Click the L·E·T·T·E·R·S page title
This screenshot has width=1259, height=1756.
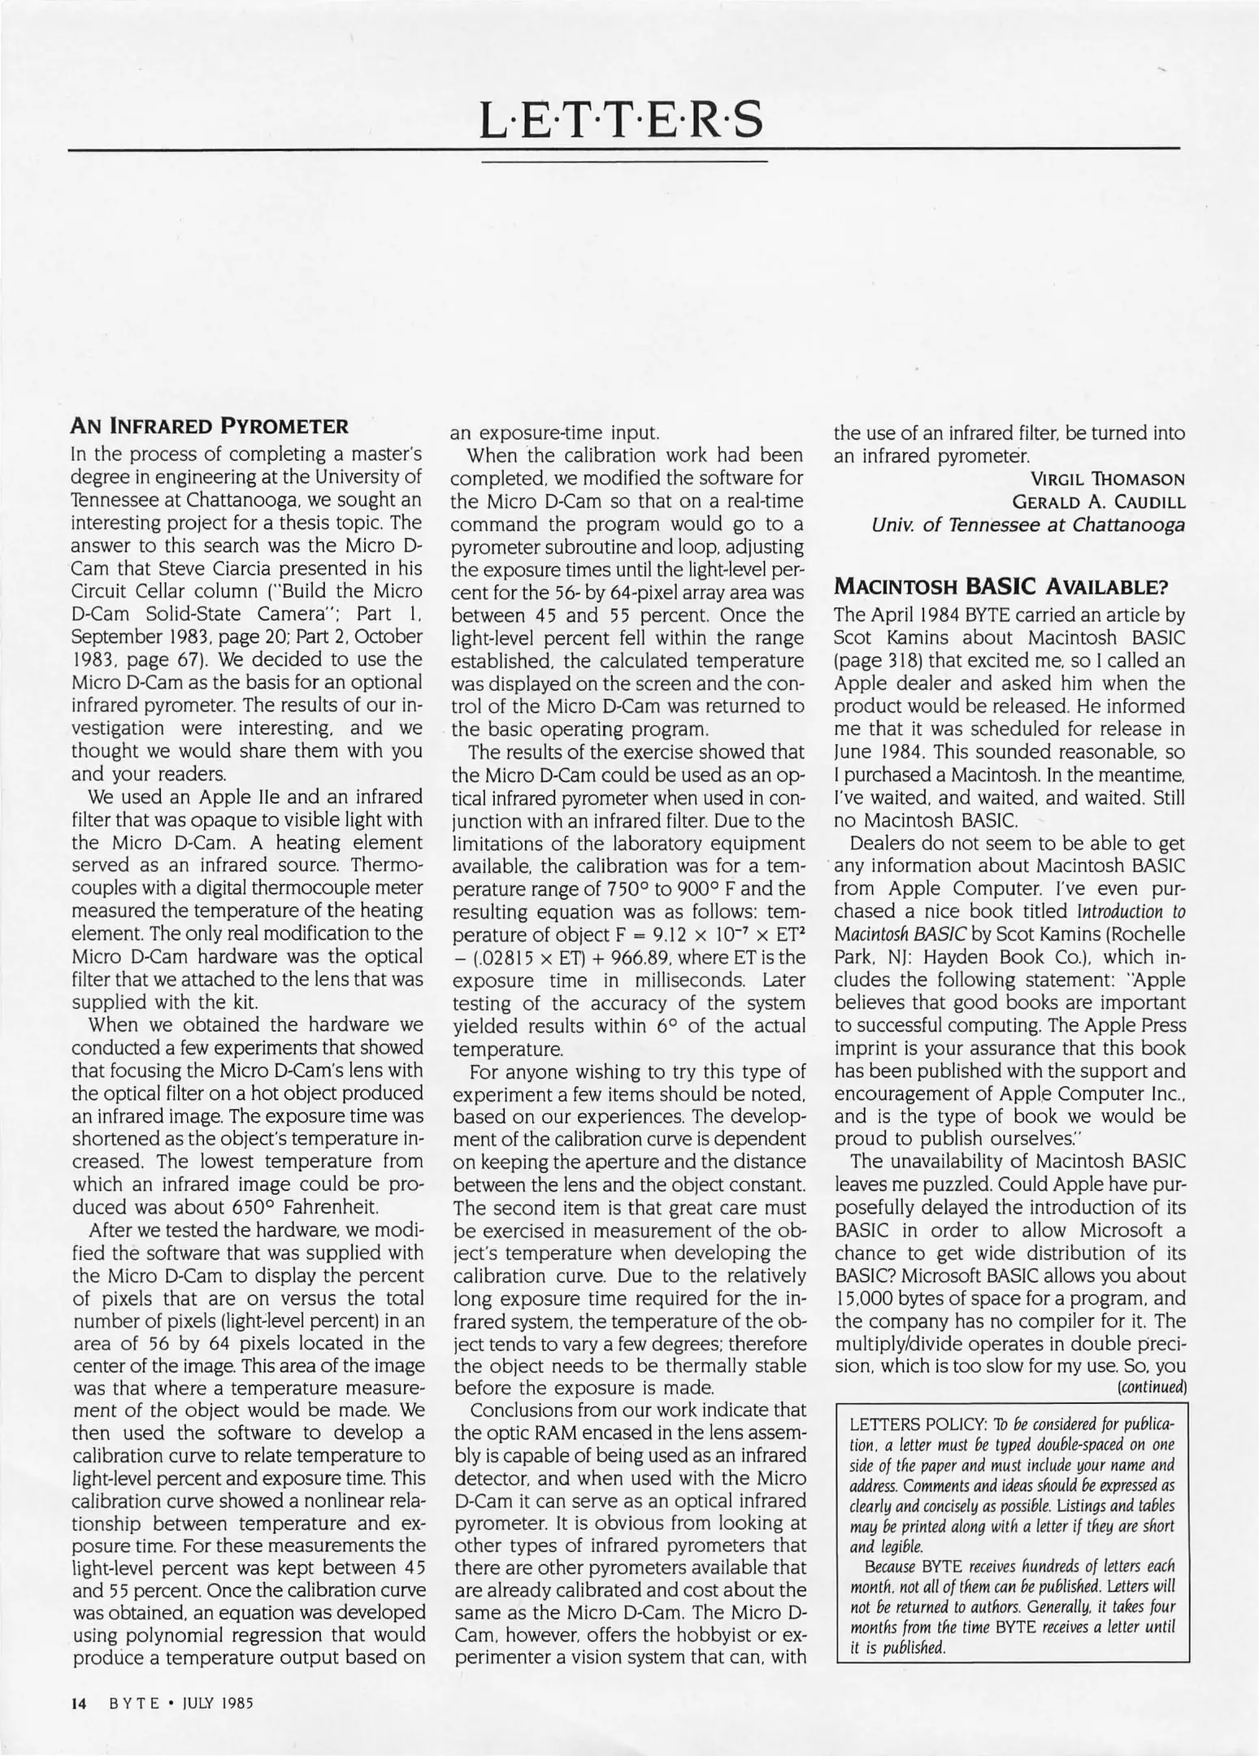pos(623,120)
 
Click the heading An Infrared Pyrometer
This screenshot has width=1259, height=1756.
pos(210,426)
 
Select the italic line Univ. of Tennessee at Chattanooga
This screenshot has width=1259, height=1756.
pos(1027,525)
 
